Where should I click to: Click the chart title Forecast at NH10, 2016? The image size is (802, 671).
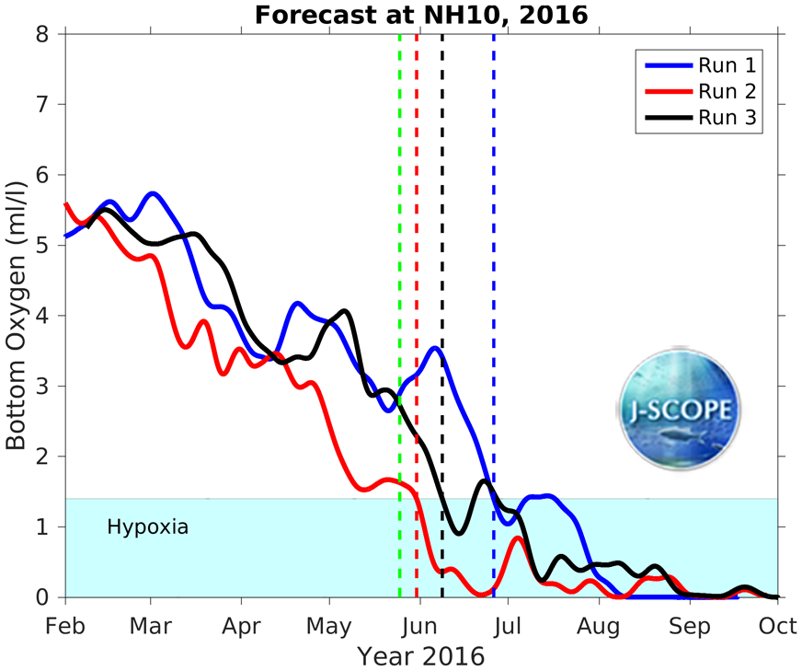[x=420, y=15]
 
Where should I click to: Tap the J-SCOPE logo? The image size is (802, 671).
[x=680, y=411]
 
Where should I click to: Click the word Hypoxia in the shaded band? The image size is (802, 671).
[x=148, y=527]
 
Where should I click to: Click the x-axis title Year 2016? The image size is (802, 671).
[x=421, y=657]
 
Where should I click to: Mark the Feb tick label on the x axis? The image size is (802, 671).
[x=65, y=627]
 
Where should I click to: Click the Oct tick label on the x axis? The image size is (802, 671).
[x=778, y=627]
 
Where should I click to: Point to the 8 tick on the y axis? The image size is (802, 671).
[x=43, y=34]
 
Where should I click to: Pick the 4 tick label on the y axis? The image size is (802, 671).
[x=43, y=316]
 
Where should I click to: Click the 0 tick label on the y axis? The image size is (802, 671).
[x=43, y=597]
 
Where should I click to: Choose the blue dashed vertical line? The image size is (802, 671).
[x=494, y=276]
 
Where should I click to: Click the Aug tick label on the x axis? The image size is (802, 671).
[x=599, y=627]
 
